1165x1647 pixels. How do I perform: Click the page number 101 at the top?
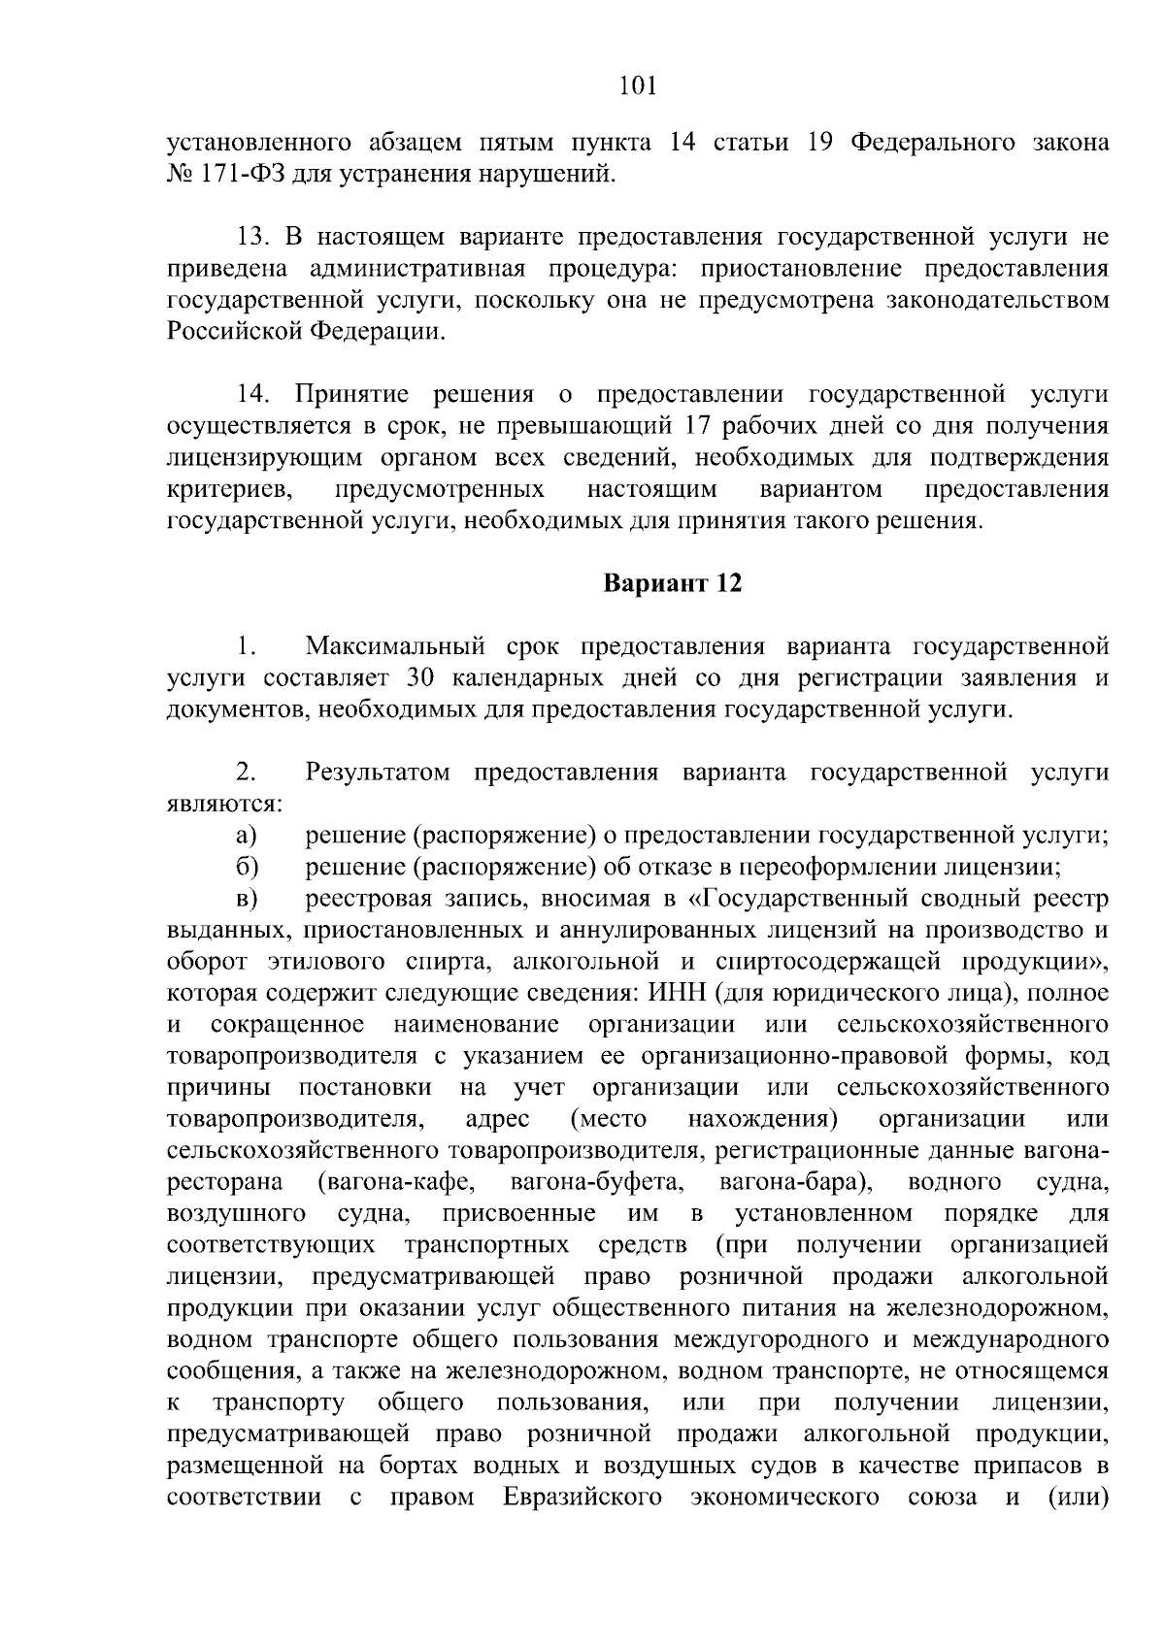[638, 86]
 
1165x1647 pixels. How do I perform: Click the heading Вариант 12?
[673, 584]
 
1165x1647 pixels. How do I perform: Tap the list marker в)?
[245, 899]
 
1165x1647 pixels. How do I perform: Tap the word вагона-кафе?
[395, 1182]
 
